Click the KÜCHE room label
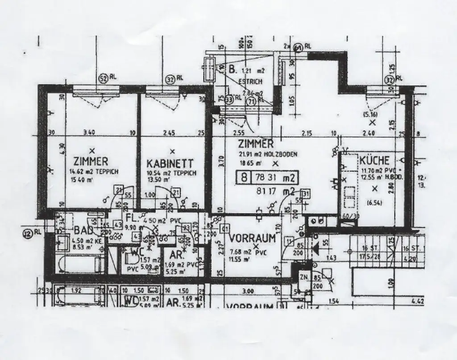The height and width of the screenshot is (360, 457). pos(374,160)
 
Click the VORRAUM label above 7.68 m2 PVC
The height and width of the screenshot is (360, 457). pos(252,239)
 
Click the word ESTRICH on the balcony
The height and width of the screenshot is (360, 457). pos(248,82)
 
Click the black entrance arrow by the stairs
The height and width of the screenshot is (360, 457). pos(315,248)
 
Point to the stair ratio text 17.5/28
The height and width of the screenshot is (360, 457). pos(370,257)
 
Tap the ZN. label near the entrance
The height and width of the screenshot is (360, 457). pos(305,277)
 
